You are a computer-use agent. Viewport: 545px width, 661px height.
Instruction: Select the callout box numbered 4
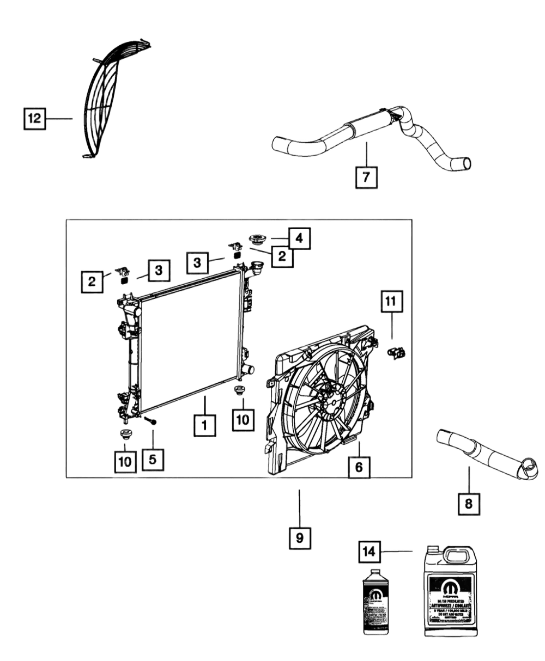click(299, 237)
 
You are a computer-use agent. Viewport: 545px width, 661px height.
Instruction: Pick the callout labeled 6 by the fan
click(359, 467)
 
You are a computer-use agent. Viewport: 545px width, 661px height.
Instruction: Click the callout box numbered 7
click(366, 177)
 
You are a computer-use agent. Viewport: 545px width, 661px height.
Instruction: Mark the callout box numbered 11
click(390, 301)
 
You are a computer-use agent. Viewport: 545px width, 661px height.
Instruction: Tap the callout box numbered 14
click(370, 551)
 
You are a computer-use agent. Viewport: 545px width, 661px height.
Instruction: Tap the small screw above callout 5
click(154, 422)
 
